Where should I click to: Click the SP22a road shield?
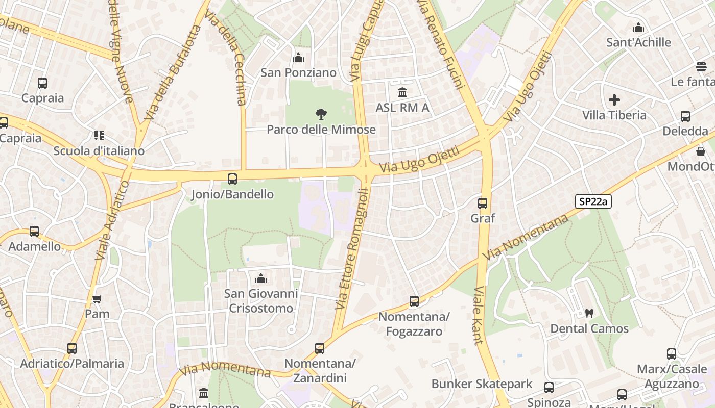tap(593, 201)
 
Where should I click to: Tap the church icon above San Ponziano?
tap(298, 58)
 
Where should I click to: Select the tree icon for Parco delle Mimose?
tap(321, 114)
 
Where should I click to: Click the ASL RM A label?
tap(402, 108)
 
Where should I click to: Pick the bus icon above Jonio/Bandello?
tap(232, 179)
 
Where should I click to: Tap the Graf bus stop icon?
tap(483, 203)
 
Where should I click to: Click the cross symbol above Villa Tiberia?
tap(614, 100)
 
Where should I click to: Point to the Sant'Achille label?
tap(638, 42)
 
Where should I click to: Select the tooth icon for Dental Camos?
tap(589, 314)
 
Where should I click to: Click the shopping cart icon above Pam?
tap(97, 299)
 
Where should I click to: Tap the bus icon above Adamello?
tap(34, 232)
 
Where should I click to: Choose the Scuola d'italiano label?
tap(99, 151)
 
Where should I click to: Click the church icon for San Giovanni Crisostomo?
tap(261, 278)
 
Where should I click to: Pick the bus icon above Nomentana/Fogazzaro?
tap(414, 301)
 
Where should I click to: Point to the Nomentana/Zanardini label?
tap(320, 371)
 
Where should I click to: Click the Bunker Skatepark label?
tap(482, 384)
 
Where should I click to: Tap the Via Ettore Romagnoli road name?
tap(351, 249)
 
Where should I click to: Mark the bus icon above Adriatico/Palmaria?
tap(72, 348)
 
